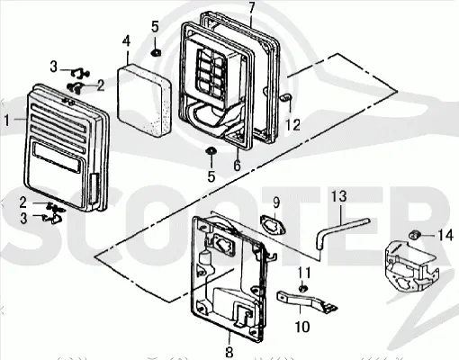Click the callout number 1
(x=7, y=121)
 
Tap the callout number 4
(x=126, y=41)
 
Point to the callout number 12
(x=292, y=125)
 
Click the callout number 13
(x=339, y=196)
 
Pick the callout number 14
(x=445, y=235)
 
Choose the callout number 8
(x=229, y=351)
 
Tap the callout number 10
(x=301, y=327)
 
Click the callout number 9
(x=276, y=202)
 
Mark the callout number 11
(x=304, y=274)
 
